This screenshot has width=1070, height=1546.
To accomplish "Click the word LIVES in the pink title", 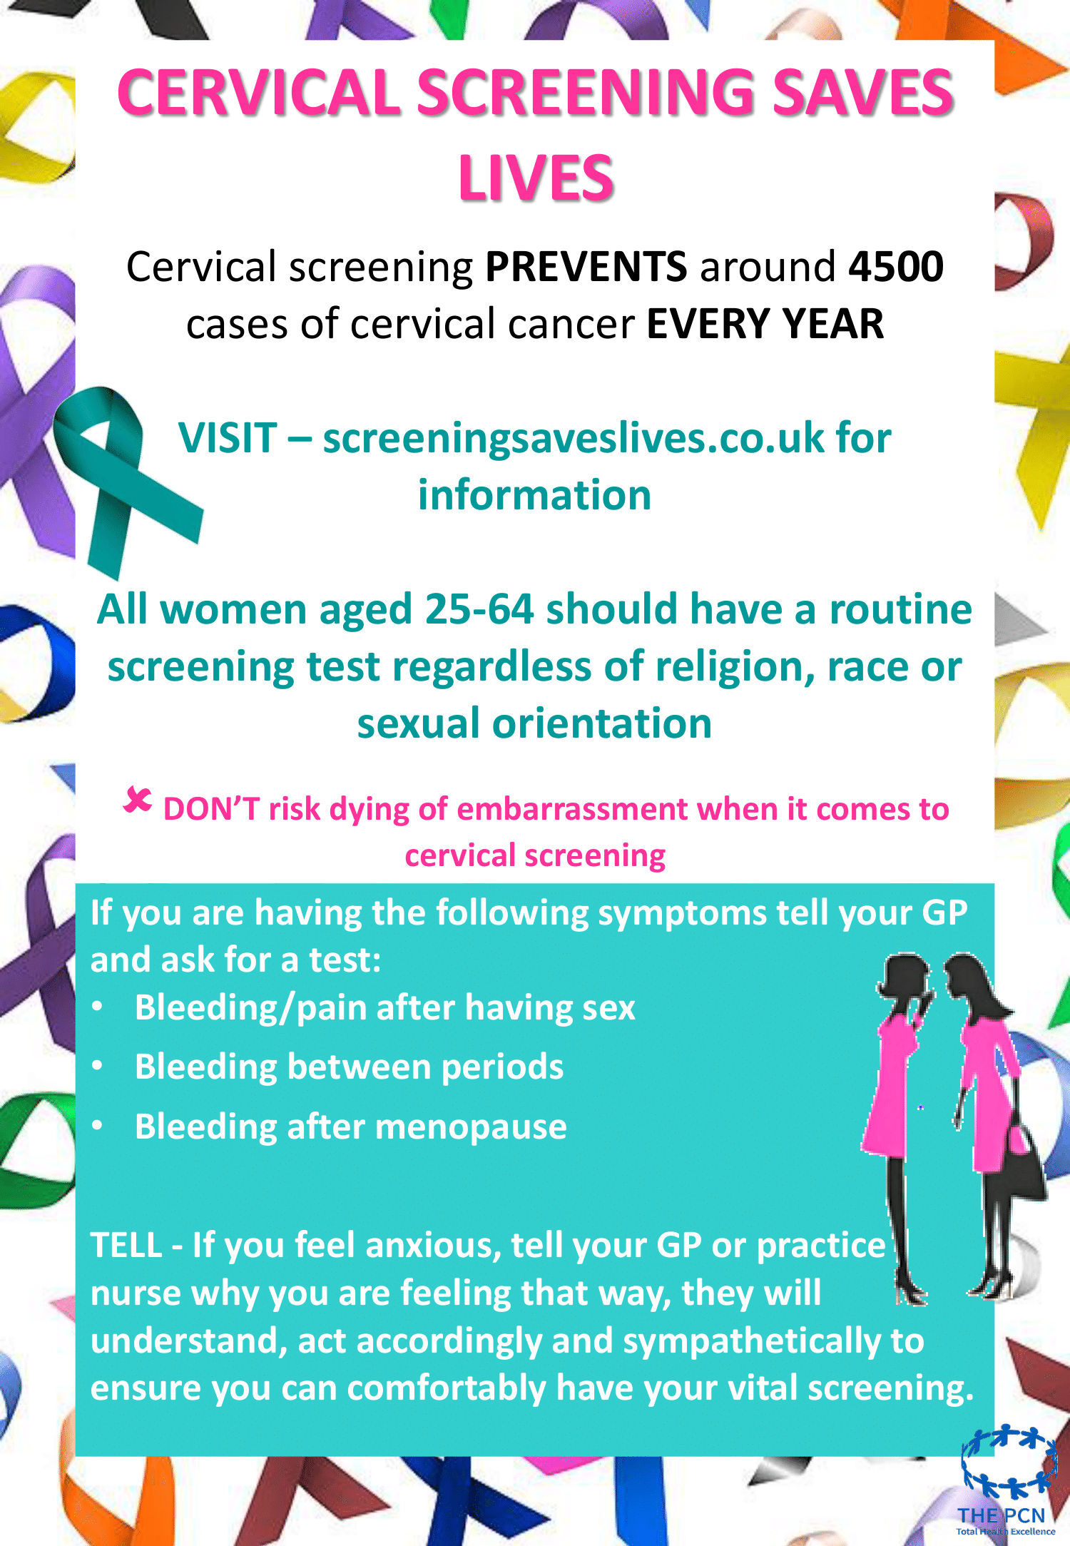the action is [536, 178].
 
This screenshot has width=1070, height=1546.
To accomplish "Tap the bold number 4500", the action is [896, 267].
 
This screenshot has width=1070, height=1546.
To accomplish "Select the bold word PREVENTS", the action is [586, 267].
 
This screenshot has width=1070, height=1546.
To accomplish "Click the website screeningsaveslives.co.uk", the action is [573, 437].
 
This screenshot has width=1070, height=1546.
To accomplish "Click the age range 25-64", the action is [479, 609].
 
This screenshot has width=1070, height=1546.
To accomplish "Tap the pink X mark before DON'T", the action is [137, 800].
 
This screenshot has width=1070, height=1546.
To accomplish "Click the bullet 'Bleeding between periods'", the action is [350, 1067].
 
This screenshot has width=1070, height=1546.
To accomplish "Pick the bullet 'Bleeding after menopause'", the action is [351, 1127].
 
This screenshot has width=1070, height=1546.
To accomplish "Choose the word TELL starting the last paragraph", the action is [126, 1245].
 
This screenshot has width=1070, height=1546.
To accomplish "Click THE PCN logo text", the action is [1001, 1515].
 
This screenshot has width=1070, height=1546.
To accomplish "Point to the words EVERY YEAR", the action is [765, 324].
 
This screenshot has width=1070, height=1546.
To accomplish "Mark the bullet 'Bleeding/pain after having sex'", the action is [385, 1008].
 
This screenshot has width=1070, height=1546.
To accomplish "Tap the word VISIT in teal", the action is [228, 437].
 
